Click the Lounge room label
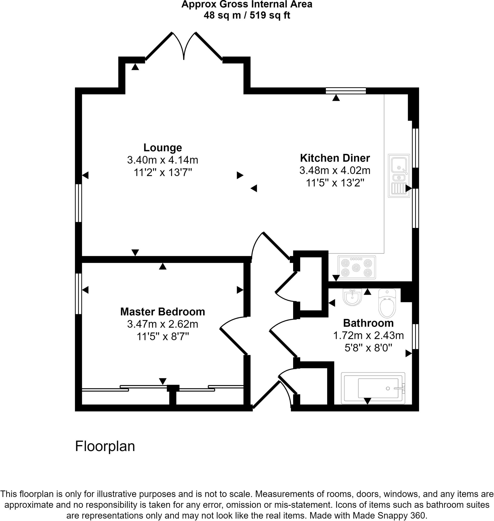(162, 148)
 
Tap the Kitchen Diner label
(335, 158)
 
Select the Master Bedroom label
(162, 312)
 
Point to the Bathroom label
(368, 323)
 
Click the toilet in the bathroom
(387, 303)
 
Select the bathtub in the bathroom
(373, 388)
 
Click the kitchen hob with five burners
(356, 267)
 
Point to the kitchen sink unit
(399, 176)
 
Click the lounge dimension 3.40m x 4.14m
(162, 160)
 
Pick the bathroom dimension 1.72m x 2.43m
(368, 336)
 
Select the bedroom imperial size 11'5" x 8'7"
(162, 337)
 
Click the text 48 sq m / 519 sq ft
(247, 15)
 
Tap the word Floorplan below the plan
(105, 446)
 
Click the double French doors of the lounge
(184, 46)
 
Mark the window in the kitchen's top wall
(346, 91)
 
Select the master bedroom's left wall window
(78, 294)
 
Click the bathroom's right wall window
(415, 337)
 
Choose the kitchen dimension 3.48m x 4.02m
(335, 170)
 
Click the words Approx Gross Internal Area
(247, 5)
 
